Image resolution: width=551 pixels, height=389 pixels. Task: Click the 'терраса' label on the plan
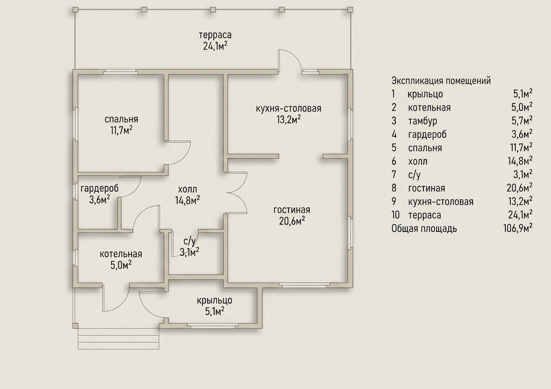pyautogui.click(x=215, y=35)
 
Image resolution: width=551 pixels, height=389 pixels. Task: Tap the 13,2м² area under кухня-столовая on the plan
pyautogui.click(x=289, y=120)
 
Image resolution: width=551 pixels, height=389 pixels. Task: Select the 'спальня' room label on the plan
pyautogui.click(x=121, y=119)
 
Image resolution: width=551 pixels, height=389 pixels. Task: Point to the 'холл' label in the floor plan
pyautogui.click(x=188, y=190)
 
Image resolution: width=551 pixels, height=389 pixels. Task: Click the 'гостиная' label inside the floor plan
pyautogui.click(x=292, y=210)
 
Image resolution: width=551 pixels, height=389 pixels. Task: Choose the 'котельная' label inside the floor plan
pyautogui.click(x=121, y=254)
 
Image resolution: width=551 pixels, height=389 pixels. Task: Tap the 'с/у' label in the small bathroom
pyautogui.click(x=189, y=241)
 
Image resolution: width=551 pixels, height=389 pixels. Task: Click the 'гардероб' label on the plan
pyautogui.click(x=100, y=189)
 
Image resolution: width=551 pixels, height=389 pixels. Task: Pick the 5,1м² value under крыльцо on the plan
pyautogui.click(x=215, y=312)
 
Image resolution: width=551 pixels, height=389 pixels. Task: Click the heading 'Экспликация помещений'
pyautogui.click(x=441, y=81)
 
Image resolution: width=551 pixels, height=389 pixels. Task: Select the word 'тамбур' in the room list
pyautogui.click(x=423, y=121)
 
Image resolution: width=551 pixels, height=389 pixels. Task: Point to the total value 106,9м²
pyautogui.click(x=518, y=229)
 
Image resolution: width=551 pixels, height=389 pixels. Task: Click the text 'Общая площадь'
pyautogui.click(x=424, y=229)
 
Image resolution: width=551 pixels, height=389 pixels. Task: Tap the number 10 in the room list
pyautogui.click(x=396, y=215)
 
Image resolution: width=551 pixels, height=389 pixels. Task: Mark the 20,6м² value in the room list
pyautogui.click(x=519, y=188)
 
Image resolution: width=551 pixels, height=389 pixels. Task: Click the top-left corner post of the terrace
pyautogui.click(x=75, y=10)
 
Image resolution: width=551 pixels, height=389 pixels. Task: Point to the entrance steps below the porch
pyautogui.click(x=119, y=339)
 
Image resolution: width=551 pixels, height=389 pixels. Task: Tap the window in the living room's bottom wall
pyautogui.click(x=304, y=285)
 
